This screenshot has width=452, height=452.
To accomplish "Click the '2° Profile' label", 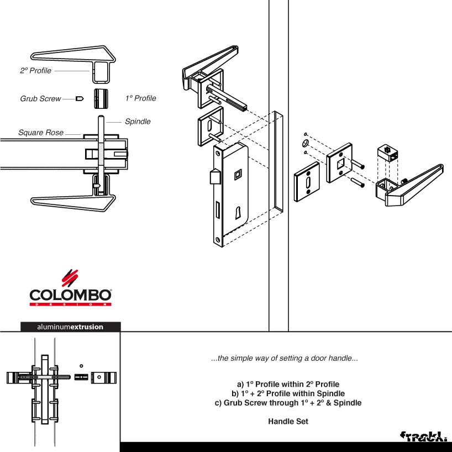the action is [35, 71].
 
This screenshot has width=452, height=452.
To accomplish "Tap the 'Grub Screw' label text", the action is [41, 98].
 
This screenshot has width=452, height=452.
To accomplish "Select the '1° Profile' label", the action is [141, 98].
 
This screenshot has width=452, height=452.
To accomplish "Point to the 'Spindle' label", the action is [138, 122].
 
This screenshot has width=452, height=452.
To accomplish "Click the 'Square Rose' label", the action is [41, 132].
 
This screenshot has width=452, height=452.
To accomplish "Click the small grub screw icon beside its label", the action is [80, 99].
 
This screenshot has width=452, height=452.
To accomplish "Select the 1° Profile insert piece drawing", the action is [101, 98].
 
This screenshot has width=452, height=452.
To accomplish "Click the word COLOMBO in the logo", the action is [70, 295].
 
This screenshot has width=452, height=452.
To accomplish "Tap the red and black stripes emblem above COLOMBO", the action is [70, 278].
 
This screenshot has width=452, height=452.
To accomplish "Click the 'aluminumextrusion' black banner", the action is [70, 327].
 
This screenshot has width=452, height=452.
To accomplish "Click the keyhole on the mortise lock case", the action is [238, 213].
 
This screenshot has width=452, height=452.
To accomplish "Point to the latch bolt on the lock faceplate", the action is [215, 177].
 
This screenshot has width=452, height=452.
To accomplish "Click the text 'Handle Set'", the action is [288, 422].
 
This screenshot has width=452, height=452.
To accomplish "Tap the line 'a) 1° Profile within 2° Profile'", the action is [288, 384].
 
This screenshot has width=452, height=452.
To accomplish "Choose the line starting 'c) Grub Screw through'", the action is [288, 403].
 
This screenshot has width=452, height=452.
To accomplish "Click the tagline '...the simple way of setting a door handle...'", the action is [285, 358].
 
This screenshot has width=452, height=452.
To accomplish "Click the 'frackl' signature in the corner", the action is [423, 437].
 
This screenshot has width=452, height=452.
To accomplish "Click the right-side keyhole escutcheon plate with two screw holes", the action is [307, 182].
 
